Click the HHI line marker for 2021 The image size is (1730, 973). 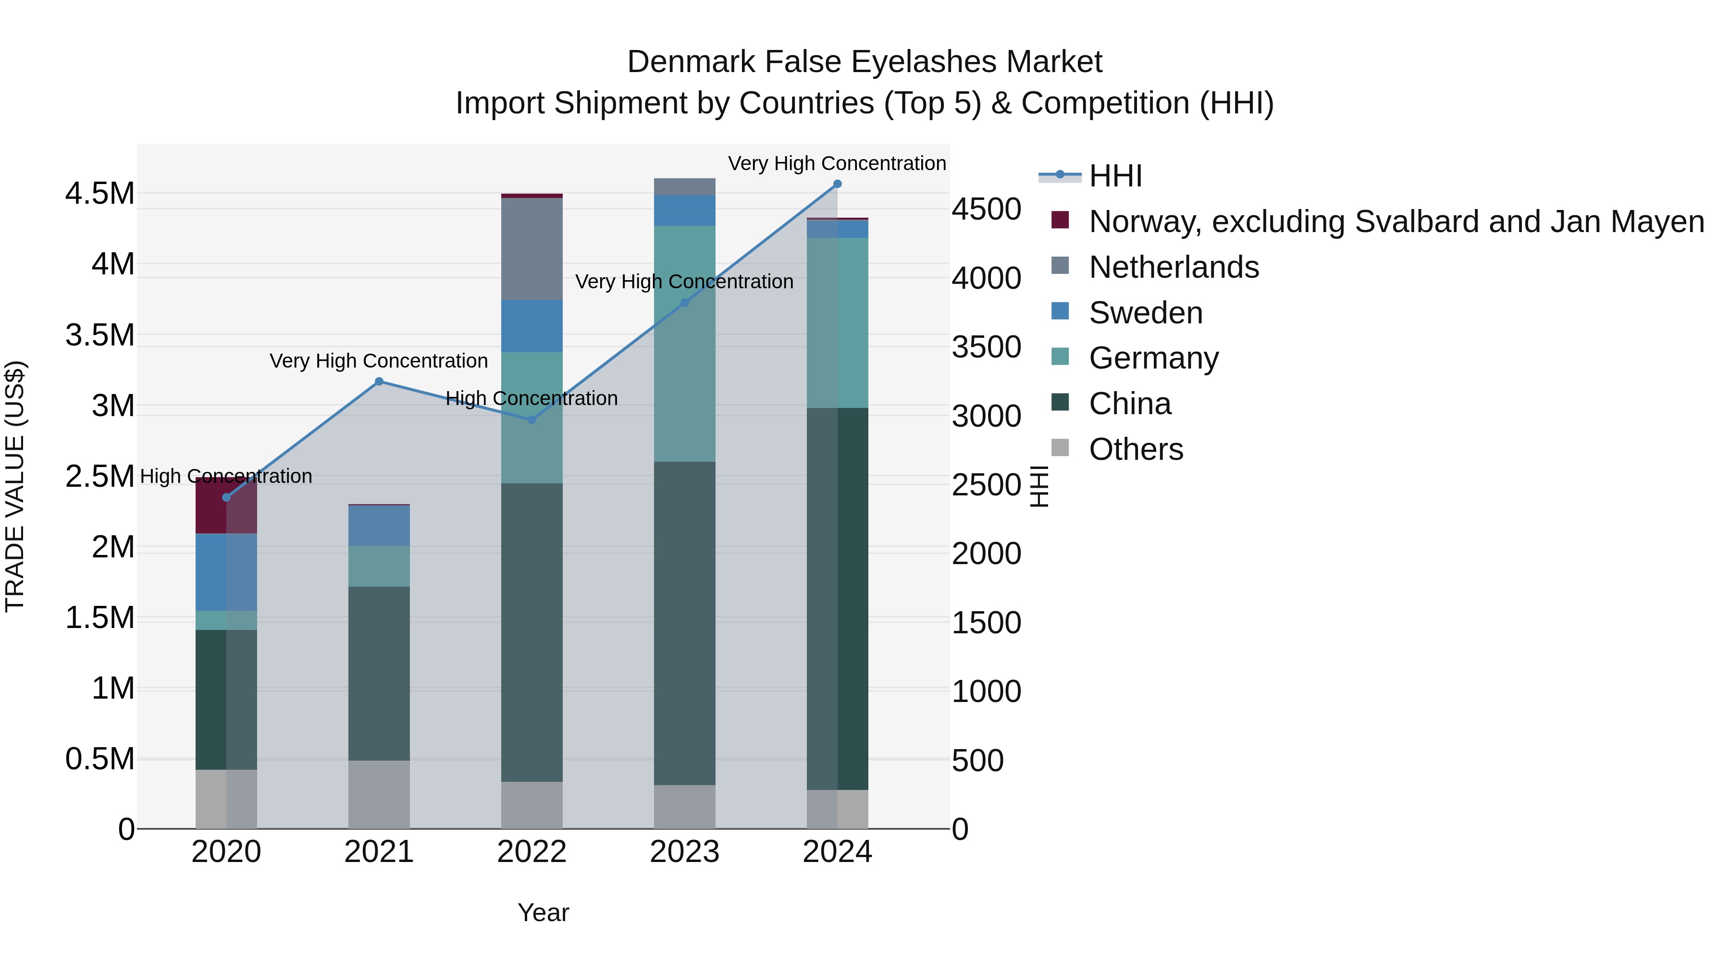point(379,382)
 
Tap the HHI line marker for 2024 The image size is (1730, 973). point(838,184)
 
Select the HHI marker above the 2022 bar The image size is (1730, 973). point(532,419)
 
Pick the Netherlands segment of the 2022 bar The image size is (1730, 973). point(532,249)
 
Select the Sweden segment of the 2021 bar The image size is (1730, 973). point(379,526)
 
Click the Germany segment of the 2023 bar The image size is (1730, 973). point(684,344)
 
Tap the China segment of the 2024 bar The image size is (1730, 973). point(838,598)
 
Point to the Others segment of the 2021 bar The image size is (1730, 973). point(379,794)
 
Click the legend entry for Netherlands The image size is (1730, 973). point(1174,267)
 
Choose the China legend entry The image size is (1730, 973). point(1130,404)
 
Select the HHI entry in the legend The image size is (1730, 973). point(1115,176)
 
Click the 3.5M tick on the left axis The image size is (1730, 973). point(100,335)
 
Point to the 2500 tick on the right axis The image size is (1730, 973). point(987,485)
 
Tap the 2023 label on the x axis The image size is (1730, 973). point(684,852)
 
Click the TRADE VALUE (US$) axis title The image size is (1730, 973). point(15,486)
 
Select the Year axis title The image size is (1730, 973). point(544,912)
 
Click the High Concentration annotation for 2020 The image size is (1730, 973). point(226,476)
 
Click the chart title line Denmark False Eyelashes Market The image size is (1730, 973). point(865,62)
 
